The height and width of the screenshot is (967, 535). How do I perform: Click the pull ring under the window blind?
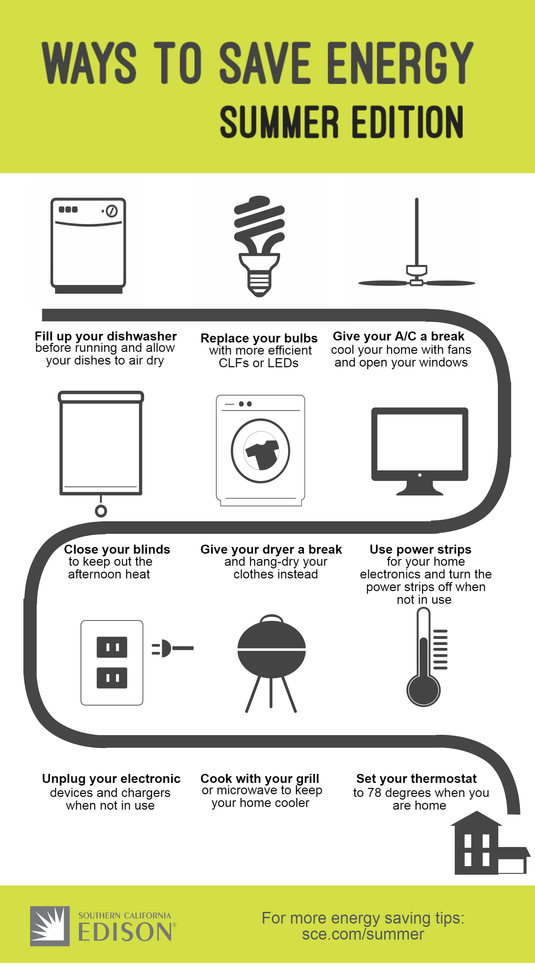click(101, 511)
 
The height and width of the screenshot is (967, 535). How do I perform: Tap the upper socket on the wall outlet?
click(112, 647)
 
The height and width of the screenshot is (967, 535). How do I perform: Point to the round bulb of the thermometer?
click(423, 690)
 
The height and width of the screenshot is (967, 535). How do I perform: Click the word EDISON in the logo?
click(125, 933)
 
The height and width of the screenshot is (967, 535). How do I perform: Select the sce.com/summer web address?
click(363, 934)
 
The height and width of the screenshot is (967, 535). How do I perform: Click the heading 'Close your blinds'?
click(117, 549)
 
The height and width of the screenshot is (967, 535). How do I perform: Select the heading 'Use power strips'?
click(420, 549)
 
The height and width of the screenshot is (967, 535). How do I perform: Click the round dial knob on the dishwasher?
click(112, 211)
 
